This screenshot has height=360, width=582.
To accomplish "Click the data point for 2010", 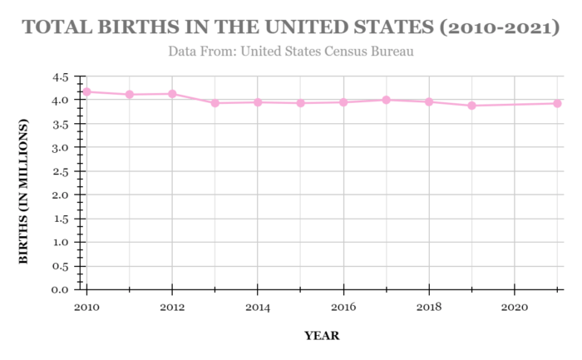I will click(x=86, y=91).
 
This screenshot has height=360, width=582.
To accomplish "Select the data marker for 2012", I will click(x=172, y=94).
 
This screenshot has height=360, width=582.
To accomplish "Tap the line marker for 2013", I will click(x=215, y=103).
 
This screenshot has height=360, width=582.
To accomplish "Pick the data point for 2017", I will click(x=387, y=100).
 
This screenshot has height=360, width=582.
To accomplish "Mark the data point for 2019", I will click(x=472, y=106).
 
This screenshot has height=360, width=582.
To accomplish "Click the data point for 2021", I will click(x=558, y=103).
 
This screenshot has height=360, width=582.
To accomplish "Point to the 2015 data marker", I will click(x=300, y=103).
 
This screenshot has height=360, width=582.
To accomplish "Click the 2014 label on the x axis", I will click(x=258, y=308).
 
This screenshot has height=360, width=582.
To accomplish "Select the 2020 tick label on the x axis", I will click(x=515, y=308).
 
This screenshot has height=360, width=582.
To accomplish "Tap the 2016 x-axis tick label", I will click(x=343, y=308).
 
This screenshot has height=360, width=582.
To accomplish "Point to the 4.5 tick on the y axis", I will click(x=60, y=76).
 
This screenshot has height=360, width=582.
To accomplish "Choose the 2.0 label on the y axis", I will click(x=60, y=195).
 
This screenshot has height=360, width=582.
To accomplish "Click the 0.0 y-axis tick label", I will click(x=60, y=290).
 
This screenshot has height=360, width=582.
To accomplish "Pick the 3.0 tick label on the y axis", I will click(x=60, y=148).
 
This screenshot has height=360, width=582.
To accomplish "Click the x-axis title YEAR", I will click(x=322, y=336).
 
